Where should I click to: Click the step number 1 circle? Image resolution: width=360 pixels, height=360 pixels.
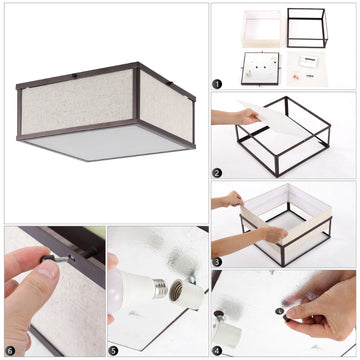tap(217, 84)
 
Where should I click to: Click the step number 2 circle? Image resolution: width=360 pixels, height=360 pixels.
tap(217, 173)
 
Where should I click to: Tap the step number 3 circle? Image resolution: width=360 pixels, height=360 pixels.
tap(217, 262)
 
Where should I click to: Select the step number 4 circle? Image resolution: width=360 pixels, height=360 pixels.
tap(217, 351)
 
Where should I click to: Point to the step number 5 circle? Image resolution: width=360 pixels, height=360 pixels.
tap(113, 351)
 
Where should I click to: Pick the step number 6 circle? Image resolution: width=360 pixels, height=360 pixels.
tap(10, 351)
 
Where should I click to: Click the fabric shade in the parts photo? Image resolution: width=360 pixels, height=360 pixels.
tap(262, 29)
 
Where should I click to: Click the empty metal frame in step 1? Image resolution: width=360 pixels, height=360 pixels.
tap(307, 28)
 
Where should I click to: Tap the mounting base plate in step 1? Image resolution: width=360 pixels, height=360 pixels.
tap(260, 68)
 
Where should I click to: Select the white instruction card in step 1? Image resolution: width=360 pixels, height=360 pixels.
tap(308, 61)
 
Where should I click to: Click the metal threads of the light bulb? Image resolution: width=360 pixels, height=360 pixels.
tap(160, 289)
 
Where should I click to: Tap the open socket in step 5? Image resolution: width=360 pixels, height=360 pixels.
tap(186, 294)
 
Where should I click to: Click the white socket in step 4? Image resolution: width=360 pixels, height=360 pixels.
tap(227, 334)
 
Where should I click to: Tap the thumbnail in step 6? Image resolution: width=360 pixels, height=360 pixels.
tap(47, 270)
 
